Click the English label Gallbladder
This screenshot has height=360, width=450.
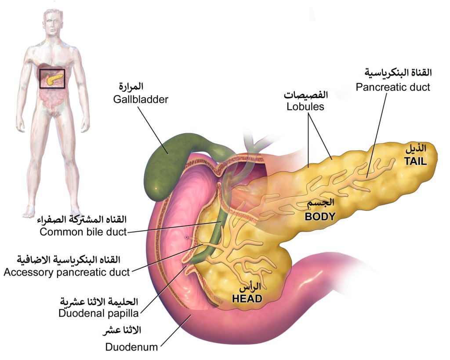point(140,99)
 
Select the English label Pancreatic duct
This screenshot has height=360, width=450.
point(392,87)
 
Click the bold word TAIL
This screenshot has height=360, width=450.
point(415,161)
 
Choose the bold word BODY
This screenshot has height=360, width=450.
point(321,216)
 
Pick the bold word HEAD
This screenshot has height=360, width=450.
point(247,299)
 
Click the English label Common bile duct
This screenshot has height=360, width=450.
point(83,232)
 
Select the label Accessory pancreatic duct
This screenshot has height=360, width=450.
point(66,272)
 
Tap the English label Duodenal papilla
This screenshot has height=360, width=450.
point(98,313)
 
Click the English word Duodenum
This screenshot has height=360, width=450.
point(131,347)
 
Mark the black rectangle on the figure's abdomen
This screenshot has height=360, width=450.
point(52,79)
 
